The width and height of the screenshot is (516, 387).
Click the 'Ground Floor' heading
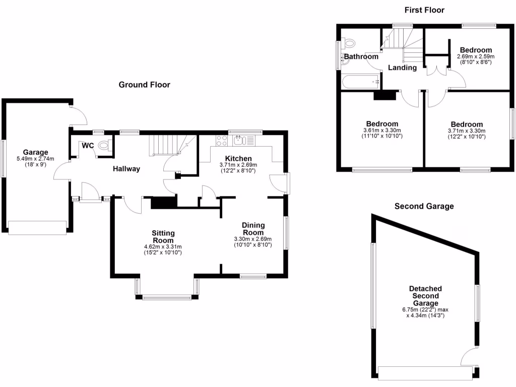[x=144, y=85]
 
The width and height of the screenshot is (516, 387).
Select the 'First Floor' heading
[x=424, y=10]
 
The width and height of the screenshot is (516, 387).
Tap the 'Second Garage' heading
[x=424, y=206]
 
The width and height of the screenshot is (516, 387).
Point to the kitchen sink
[x=239, y=140]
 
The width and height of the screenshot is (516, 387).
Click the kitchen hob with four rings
[x=221, y=140]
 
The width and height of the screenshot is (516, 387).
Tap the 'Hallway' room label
[x=126, y=169]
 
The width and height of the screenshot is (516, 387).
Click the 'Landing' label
[x=403, y=68]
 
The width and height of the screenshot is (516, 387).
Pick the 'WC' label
[x=88, y=146]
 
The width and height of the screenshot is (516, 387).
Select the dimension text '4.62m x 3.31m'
[x=163, y=246]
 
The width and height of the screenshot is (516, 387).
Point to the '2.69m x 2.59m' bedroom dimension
[x=476, y=56]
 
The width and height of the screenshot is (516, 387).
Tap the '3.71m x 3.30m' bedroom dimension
[x=467, y=131]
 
